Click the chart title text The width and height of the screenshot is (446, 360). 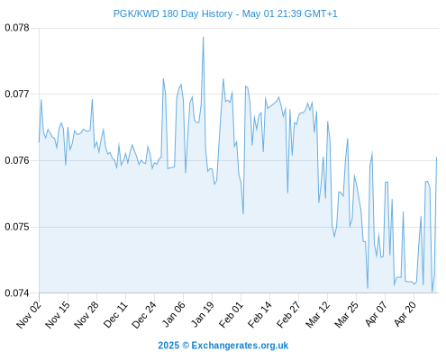pos(225,13)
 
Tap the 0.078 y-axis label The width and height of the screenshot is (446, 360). pos(17,28)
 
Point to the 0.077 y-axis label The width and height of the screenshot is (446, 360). pos(17,94)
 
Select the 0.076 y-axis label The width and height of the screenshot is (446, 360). pos(17,160)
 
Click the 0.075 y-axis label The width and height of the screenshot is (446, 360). pos(17,227)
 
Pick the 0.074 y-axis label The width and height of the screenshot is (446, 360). pos(17,292)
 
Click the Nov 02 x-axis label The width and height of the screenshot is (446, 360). pos(29,315)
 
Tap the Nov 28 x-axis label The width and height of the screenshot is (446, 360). pos(86,315)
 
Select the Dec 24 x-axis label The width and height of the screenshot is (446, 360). pos(144,315)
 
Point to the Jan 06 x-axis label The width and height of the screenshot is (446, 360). pos(173,315)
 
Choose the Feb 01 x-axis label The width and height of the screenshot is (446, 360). pos(231,315)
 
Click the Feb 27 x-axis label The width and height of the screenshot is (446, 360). pos(288,315)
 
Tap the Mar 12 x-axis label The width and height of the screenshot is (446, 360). pos(318,315)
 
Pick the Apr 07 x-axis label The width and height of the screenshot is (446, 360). pos(376,315)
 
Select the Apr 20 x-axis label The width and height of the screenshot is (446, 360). pos(405,315)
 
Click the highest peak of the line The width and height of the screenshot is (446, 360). pos(204,37)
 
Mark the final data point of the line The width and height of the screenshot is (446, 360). pos(436,157)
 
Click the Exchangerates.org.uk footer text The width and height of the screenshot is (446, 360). pos(240,346)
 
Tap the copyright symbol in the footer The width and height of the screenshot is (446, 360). pos(186,346)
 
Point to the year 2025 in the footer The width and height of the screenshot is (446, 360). pos(168,346)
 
